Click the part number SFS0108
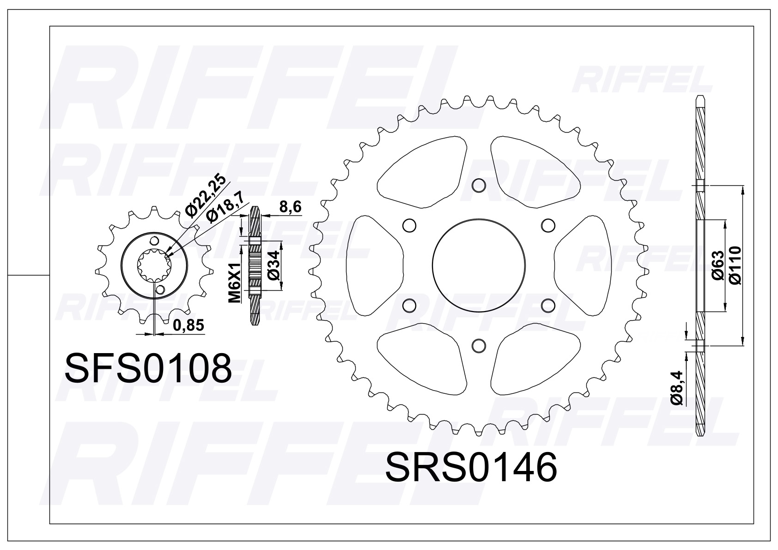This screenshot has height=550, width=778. point(148,368)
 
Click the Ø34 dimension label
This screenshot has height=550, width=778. point(274,265)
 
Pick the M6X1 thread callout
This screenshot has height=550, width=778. point(235,283)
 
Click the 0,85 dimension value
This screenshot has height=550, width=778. point(188,325)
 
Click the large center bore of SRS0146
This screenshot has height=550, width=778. point(479,266)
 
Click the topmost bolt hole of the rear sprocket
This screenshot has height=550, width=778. point(479,186)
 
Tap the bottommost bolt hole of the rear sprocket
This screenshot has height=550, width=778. point(479,345)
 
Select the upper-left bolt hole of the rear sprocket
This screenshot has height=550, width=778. point(408,226)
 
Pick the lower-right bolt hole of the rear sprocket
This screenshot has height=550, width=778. point(548,306)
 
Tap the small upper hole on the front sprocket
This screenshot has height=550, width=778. point(154,241)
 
